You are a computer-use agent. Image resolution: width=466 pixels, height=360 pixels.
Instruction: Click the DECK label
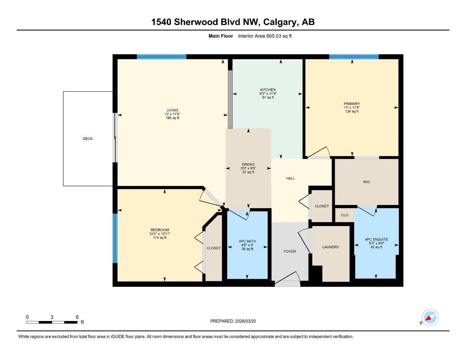[88, 139]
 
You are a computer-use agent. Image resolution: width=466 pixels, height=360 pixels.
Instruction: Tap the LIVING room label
[172, 110]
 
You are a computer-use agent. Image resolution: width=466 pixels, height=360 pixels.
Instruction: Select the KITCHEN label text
[268, 90]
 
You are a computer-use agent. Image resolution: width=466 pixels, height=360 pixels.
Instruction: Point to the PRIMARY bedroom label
[352, 104]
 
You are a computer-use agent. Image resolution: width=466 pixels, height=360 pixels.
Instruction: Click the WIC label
[366, 182]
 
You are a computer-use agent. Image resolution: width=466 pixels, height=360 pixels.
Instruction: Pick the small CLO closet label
[345, 215]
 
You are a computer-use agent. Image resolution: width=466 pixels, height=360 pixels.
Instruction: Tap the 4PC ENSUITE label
[376, 239]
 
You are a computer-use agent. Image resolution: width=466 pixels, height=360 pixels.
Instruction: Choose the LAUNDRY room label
[331, 247]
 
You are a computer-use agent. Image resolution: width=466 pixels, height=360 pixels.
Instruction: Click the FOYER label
[290, 251]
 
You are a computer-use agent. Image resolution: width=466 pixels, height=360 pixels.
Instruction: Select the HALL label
[290, 179]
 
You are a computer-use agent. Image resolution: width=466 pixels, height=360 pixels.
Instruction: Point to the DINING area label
[248, 165]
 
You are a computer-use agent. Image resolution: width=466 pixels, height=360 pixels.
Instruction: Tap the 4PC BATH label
[247, 242]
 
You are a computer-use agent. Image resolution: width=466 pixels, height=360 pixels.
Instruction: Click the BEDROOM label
[160, 230]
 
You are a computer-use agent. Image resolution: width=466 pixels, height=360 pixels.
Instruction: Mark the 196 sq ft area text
[172, 118]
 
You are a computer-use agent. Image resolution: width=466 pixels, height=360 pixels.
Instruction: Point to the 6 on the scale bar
[77, 317]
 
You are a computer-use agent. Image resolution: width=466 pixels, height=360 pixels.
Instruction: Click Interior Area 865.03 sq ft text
[265, 36]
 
